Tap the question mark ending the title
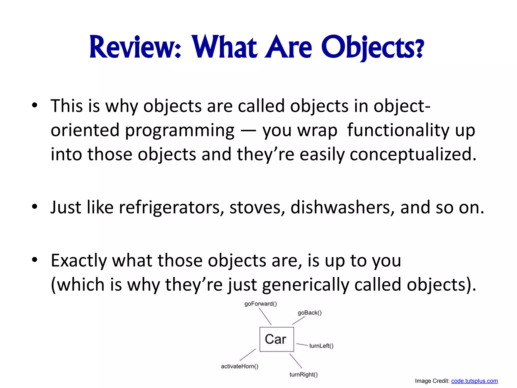pyautogui.click(x=419, y=49)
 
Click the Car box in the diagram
pyautogui.click(x=277, y=339)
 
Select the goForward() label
pyautogui.click(x=261, y=304)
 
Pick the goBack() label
pyautogui.click(x=309, y=313)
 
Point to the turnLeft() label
pyautogui.click(x=321, y=346)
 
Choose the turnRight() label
pyautogui.click(x=303, y=375)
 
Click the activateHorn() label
pyautogui.click(x=240, y=367)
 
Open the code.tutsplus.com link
pyautogui.click(x=474, y=381)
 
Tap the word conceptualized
pyautogui.click(x=413, y=155)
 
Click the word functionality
pyautogui.click(x=398, y=130)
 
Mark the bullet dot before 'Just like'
pyautogui.click(x=35, y=207)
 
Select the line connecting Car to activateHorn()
pyautogui.click(x=248, y=355)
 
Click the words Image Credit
pyautogui.click(x=432, y=381)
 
